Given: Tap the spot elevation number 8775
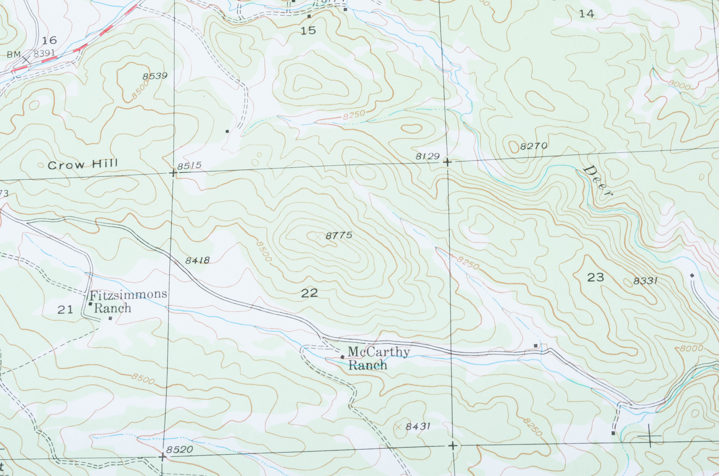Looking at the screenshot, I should [x=339, y=235].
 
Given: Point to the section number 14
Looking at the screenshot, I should [x=586, y=14].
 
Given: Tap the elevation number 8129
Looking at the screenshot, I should [x=427, y=156].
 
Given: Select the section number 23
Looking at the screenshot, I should [x=595, y=277].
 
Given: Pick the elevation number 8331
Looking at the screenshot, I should [x=645, y=281].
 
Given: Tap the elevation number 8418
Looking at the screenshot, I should [x=197, y=260].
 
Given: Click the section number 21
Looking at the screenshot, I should [x=65, y=310].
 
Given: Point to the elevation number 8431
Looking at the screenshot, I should [x=418, y=426].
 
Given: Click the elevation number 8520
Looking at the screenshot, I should [x=179, y=450].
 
